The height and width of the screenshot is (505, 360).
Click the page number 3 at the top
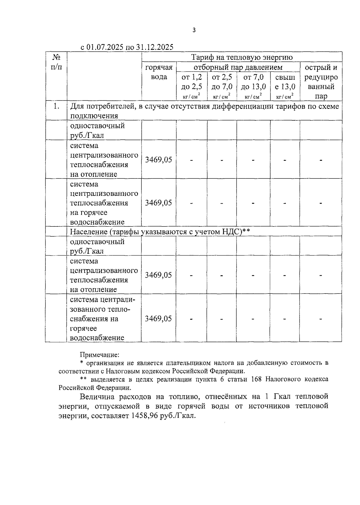point(194,30)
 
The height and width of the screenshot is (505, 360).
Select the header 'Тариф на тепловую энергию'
point(242,57)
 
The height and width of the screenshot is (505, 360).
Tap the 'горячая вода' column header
point(159,72)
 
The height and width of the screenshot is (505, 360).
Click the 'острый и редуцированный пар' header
point(321,82)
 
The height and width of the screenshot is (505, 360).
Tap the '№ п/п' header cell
point(56,62)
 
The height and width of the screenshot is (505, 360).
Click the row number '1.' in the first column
point(56,106)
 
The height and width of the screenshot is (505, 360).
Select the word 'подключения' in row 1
point(94,116)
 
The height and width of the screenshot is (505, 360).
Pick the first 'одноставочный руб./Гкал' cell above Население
point(97,130)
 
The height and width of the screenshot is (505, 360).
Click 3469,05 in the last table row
point(158,318)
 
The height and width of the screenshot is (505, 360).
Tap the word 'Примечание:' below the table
point(100,355)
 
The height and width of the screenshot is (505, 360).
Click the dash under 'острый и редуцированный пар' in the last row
point(321,318)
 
